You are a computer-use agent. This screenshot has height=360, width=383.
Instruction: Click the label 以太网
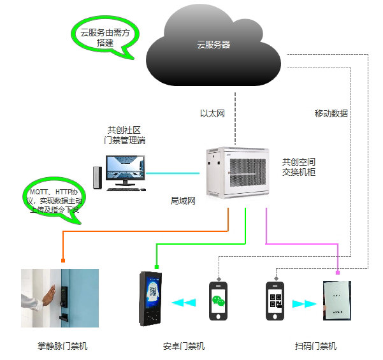(x=213, y=114)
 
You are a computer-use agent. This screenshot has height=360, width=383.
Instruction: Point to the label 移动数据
(x=331, y=113)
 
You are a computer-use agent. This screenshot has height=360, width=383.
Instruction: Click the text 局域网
(x=182, y=200)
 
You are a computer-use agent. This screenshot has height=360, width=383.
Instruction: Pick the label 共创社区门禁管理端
(x=124, y=135)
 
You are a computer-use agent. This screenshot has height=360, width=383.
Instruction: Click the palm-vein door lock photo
(x=60, y=298)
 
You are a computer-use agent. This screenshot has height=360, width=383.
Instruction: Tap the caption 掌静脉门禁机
(x=62, y=346)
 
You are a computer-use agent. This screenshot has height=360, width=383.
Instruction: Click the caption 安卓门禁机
(x=184, y=346)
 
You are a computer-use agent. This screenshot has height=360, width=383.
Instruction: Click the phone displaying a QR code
(x=275, y=303)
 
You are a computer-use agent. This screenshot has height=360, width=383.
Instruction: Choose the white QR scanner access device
(x=337, y=303)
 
